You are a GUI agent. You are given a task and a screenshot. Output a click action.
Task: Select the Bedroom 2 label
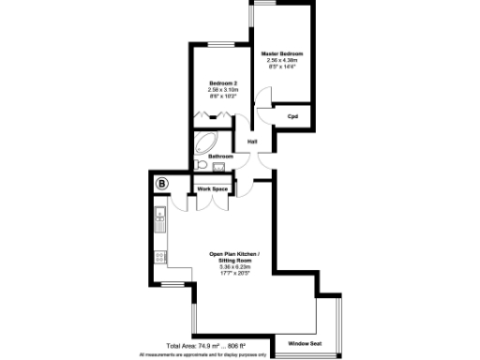click(x=222, y=83)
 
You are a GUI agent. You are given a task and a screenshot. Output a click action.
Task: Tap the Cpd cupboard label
click(x=293, y=116)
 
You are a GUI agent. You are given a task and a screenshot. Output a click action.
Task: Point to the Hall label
click(x=253, y=142)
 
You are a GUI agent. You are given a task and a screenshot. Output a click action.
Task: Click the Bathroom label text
click(x=220, y=156)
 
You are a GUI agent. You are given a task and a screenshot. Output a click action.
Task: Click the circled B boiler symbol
click(x=161, y=184)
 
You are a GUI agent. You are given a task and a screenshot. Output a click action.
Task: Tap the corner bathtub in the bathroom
click(x=203, y=142)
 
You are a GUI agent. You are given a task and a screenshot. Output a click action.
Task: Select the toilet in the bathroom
click(x=200, y=167)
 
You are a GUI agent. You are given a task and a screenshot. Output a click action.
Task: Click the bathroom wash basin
click(x=218, y=168)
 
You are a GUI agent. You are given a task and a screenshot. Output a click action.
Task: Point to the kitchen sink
click(x=160, y=224)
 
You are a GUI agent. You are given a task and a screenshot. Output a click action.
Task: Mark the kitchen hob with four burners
click(x=160, y=254)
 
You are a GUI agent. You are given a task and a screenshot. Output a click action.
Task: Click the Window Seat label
click(x=305, y=342)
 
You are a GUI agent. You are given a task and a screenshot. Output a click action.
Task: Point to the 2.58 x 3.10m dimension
click(x=222, y=90)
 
